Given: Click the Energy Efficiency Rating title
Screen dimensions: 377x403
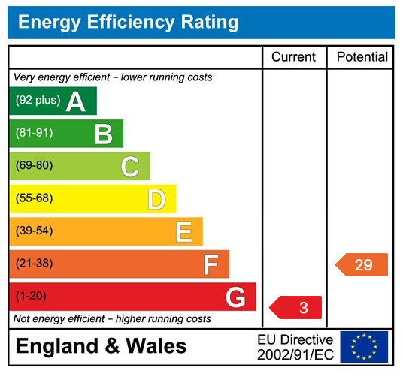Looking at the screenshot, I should point(128,22).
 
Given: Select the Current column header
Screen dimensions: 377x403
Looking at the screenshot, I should point(293,57).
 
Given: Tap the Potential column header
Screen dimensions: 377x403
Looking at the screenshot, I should point(362,57).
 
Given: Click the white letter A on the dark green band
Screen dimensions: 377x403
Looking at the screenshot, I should point(76,101).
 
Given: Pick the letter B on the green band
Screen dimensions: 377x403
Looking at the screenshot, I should point(103,134).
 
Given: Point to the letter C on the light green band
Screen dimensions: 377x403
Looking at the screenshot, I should point(130,167).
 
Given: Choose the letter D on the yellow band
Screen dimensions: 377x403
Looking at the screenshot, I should point(156,199).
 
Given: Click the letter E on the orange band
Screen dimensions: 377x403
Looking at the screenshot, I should point(183,232).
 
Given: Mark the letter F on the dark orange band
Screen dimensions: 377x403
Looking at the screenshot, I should point(211,264).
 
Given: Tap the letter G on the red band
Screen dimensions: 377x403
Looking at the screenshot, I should point(235,297).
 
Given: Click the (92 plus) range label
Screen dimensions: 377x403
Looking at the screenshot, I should point(38,101).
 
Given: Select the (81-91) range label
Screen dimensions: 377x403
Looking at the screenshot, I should point(34,134).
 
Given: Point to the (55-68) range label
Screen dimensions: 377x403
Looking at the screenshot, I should point(34,199).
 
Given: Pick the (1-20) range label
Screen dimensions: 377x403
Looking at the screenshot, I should point(31,297).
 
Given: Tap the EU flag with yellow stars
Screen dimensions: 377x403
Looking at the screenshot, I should point(364,347).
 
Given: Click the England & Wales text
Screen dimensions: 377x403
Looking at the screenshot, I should point(101,346).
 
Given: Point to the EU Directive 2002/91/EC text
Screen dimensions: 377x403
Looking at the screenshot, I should point(295,347).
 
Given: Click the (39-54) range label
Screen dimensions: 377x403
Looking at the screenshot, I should point(34,231).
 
